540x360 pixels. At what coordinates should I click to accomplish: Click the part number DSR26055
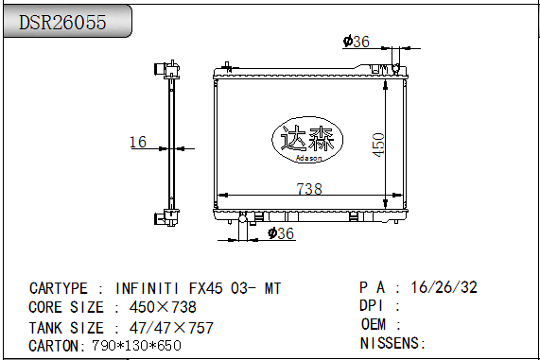point(63,23)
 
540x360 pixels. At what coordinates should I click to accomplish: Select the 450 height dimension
point(377,143)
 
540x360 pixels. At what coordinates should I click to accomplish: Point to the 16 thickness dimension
point(138,142)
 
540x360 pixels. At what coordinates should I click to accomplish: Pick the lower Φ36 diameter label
point(281,233)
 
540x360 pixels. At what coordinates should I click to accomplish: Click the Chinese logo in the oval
point(303,139)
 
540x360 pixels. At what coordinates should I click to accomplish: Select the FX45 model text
point(208,288)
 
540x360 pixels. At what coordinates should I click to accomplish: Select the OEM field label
point(375,324)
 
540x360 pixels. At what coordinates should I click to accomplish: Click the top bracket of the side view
point(168,69)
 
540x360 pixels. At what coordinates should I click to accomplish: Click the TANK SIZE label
point(66,327)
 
